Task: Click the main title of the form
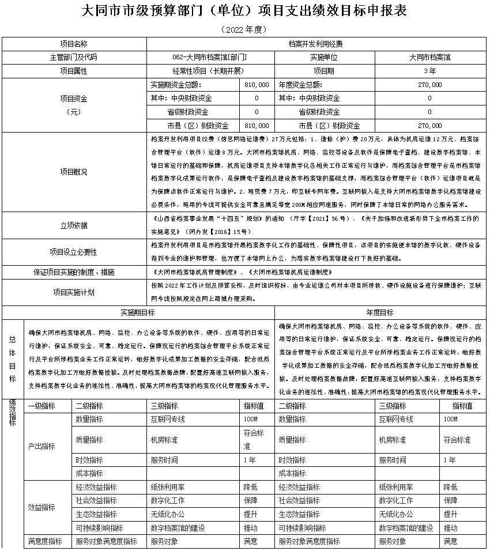[244, 11]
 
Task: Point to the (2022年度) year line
[244, 29]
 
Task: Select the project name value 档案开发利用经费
[316, 43]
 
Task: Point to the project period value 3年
[429, 71]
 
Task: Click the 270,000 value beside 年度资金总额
[429, 84]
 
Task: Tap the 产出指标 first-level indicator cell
[42, 446]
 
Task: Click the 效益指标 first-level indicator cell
[42, 507]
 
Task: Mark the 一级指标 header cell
[42, 406]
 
